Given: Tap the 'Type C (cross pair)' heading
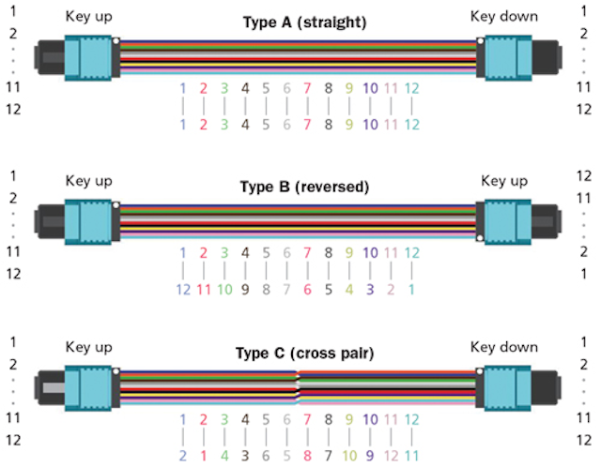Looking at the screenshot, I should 304,354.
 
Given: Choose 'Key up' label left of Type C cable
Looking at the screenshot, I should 89,347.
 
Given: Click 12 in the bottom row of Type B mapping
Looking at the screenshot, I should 183,289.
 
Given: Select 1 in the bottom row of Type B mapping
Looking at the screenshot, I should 411,289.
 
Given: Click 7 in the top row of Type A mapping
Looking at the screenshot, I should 307,88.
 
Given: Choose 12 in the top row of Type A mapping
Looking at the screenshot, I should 411,88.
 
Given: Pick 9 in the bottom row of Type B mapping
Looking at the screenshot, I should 245,289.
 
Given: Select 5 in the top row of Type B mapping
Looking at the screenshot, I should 266,252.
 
